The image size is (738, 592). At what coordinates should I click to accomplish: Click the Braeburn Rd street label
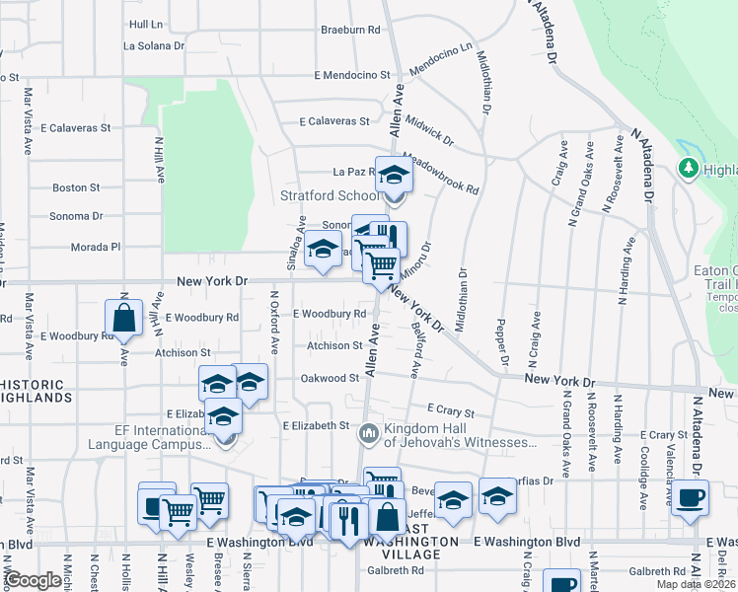(350, 30)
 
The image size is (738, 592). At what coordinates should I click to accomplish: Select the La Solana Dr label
(153, 45)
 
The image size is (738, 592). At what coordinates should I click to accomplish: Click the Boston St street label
(70, 187)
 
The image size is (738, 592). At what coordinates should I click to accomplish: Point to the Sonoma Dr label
(76, 216)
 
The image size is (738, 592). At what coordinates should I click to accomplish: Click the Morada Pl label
(97, 247)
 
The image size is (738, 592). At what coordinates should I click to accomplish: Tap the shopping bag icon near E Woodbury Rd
(123, 318)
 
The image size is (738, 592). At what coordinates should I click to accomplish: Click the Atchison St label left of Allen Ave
(334, 345)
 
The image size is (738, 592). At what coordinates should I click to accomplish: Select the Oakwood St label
(330, 377)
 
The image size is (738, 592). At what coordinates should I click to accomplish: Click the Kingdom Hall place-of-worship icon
(369, 432)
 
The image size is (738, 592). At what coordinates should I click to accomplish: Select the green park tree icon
(688, 169)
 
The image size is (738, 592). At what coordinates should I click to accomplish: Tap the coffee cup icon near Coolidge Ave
(691, 497)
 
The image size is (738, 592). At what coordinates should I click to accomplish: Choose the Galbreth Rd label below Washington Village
(395, 571)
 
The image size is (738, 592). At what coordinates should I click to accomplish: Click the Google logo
(34, 581)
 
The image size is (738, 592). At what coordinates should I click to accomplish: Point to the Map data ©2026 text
(696, 584)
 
